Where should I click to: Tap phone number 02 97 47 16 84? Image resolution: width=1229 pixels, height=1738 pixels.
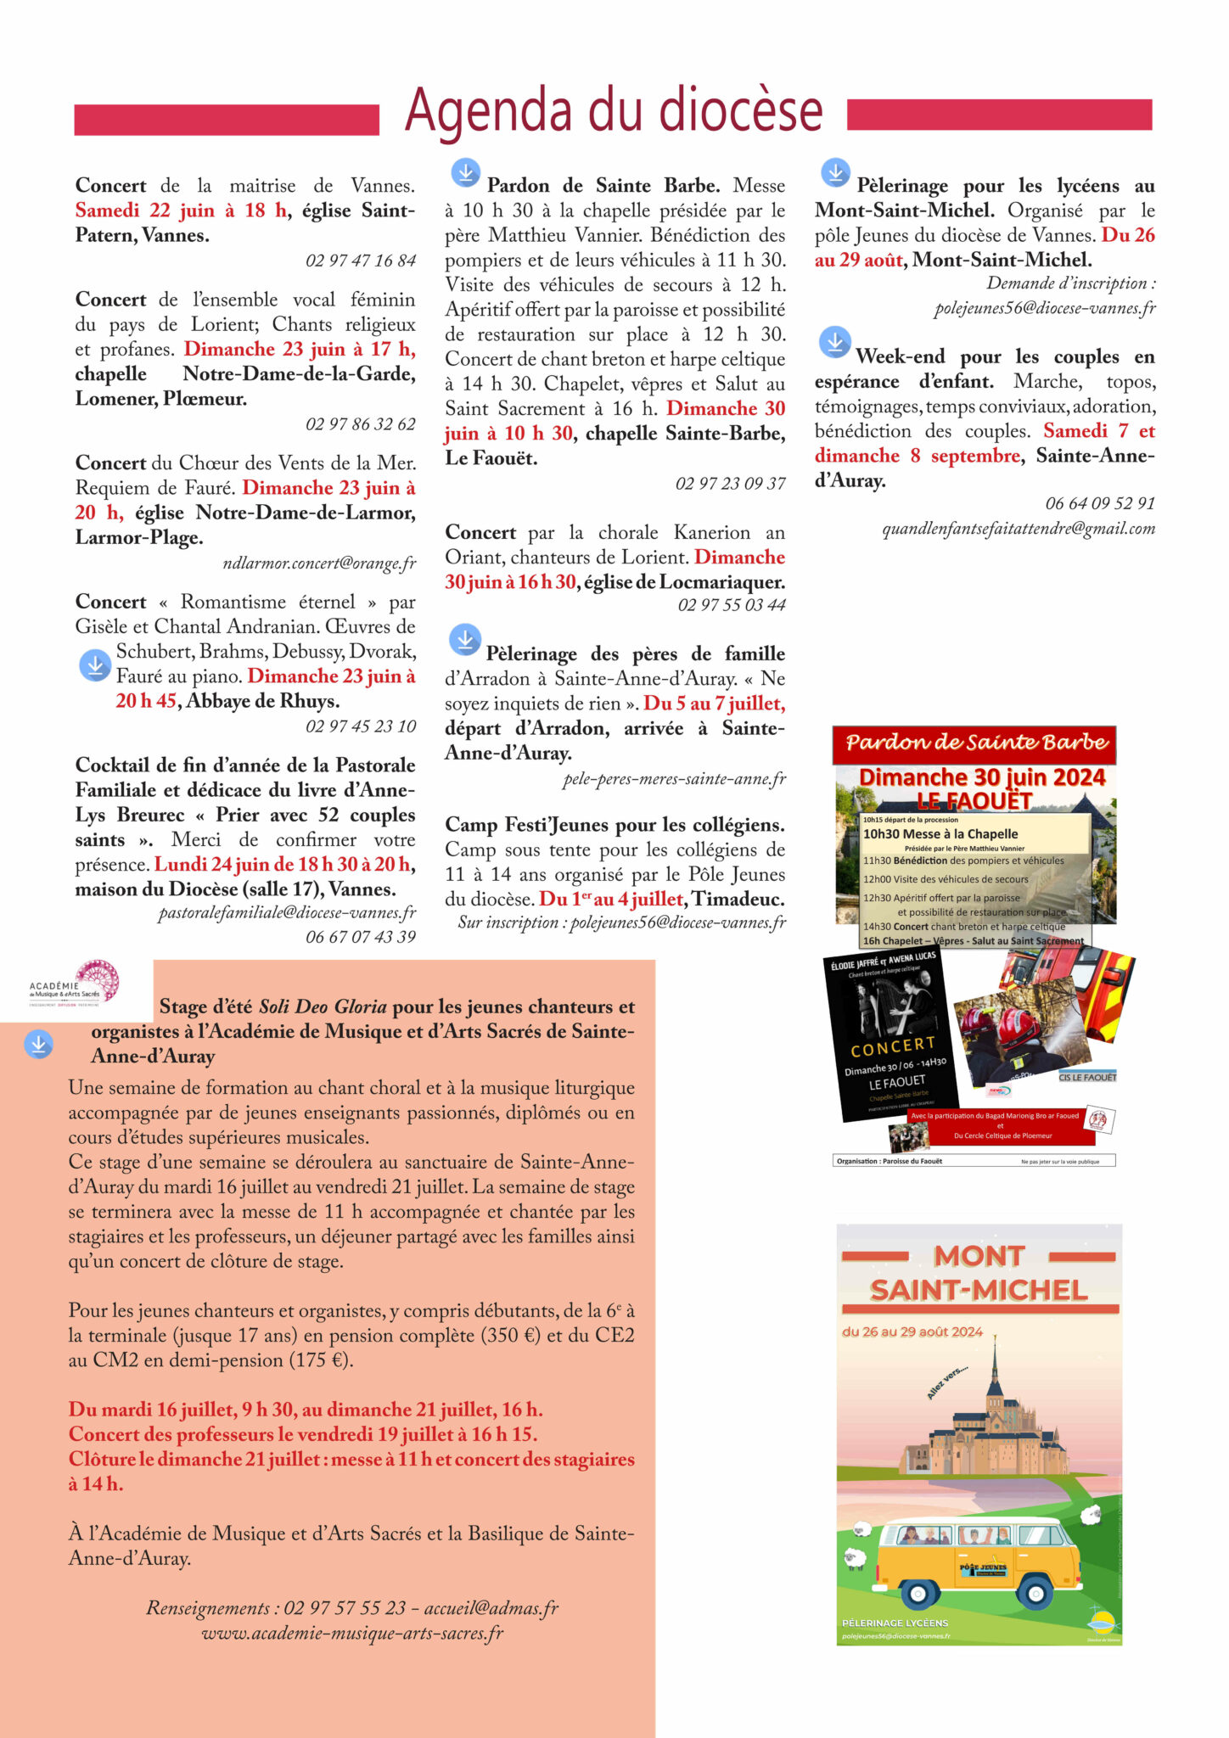[x=361, y=261]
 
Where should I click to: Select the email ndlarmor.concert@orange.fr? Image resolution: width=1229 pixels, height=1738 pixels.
[x=319, y=563]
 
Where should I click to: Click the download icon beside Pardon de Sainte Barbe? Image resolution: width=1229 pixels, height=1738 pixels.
[x=465, y=172]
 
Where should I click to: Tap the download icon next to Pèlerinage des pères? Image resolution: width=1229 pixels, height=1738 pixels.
[x=465, y=640]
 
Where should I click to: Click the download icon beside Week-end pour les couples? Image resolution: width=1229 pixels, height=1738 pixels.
[x=835, y=342]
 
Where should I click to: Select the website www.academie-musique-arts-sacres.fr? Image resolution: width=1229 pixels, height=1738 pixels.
[x=352, y=1633]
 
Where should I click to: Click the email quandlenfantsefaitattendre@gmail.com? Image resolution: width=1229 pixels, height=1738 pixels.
[x=1019, y=529]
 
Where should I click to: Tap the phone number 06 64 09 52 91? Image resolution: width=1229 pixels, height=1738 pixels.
[x=1100, y=503]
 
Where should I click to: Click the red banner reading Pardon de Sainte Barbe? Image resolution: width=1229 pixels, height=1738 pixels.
[x=974, y=743]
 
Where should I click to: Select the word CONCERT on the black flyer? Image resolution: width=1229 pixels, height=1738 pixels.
[x=893, y=1046]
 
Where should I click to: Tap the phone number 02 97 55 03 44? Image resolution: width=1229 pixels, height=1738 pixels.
[x=732, y=605]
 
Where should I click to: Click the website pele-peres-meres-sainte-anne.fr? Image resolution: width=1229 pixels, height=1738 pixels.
[x=675, y=779]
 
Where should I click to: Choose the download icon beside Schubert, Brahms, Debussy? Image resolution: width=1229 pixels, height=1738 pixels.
[x=95, y=665]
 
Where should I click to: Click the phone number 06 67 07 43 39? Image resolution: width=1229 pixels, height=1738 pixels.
[x=361, y=937]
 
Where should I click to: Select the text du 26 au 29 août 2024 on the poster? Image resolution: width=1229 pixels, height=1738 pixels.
[x=912, y=1332]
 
